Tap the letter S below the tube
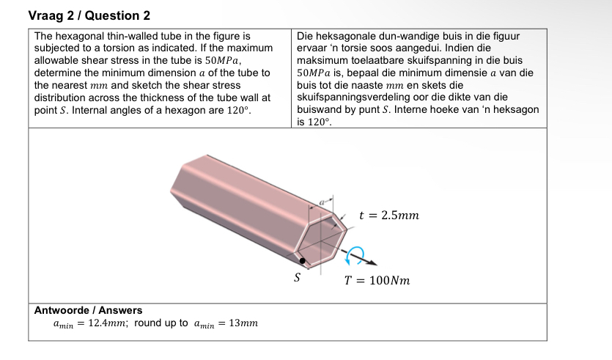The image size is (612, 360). pyautogui.click(x=297, y=278)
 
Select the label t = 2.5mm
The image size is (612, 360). pyautogui.click(x=389, y=215)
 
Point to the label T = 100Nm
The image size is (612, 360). pyautogui.click(x=377, y=280)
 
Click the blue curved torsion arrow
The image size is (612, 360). pyautogui.click(x=357, y=254)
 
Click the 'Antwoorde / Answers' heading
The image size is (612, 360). pyautogui.click(x=89, y=310)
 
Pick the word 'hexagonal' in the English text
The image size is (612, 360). pyautogui.click(x=80, y=35)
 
